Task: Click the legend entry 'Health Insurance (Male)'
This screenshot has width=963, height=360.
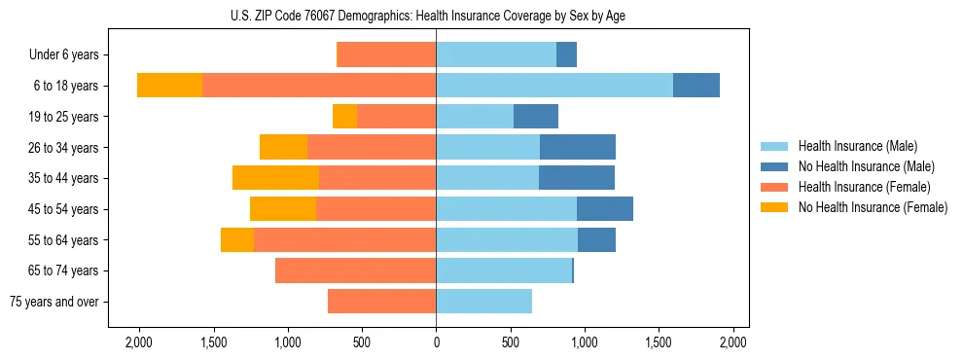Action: click(x=857, y=146)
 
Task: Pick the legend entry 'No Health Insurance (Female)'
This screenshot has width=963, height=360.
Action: click(x=873, y=207)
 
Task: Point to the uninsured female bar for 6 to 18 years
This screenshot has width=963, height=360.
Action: click(x=169, y=86)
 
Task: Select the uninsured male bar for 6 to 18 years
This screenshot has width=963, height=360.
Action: click(x=696, y=86)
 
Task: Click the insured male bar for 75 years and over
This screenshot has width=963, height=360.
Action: click(x=483, y=302)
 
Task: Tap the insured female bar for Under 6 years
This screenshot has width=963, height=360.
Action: click(x=386, y=55)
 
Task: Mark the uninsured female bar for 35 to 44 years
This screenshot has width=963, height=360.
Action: click(x=275, y=178)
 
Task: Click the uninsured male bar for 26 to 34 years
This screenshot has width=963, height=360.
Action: click(x=578, y=148)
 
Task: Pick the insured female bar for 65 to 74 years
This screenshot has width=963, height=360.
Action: click(x=355, y=270)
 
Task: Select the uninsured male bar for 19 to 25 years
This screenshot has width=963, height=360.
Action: click(x=536, y=117)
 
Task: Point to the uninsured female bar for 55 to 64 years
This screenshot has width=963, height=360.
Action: click(x=237, y=239)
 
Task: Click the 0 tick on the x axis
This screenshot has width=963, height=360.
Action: click(x=436, y=342)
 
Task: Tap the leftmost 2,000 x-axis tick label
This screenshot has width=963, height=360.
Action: click(x=138, y=342)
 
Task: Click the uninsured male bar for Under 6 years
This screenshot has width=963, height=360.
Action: click(x=566, y=55)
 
